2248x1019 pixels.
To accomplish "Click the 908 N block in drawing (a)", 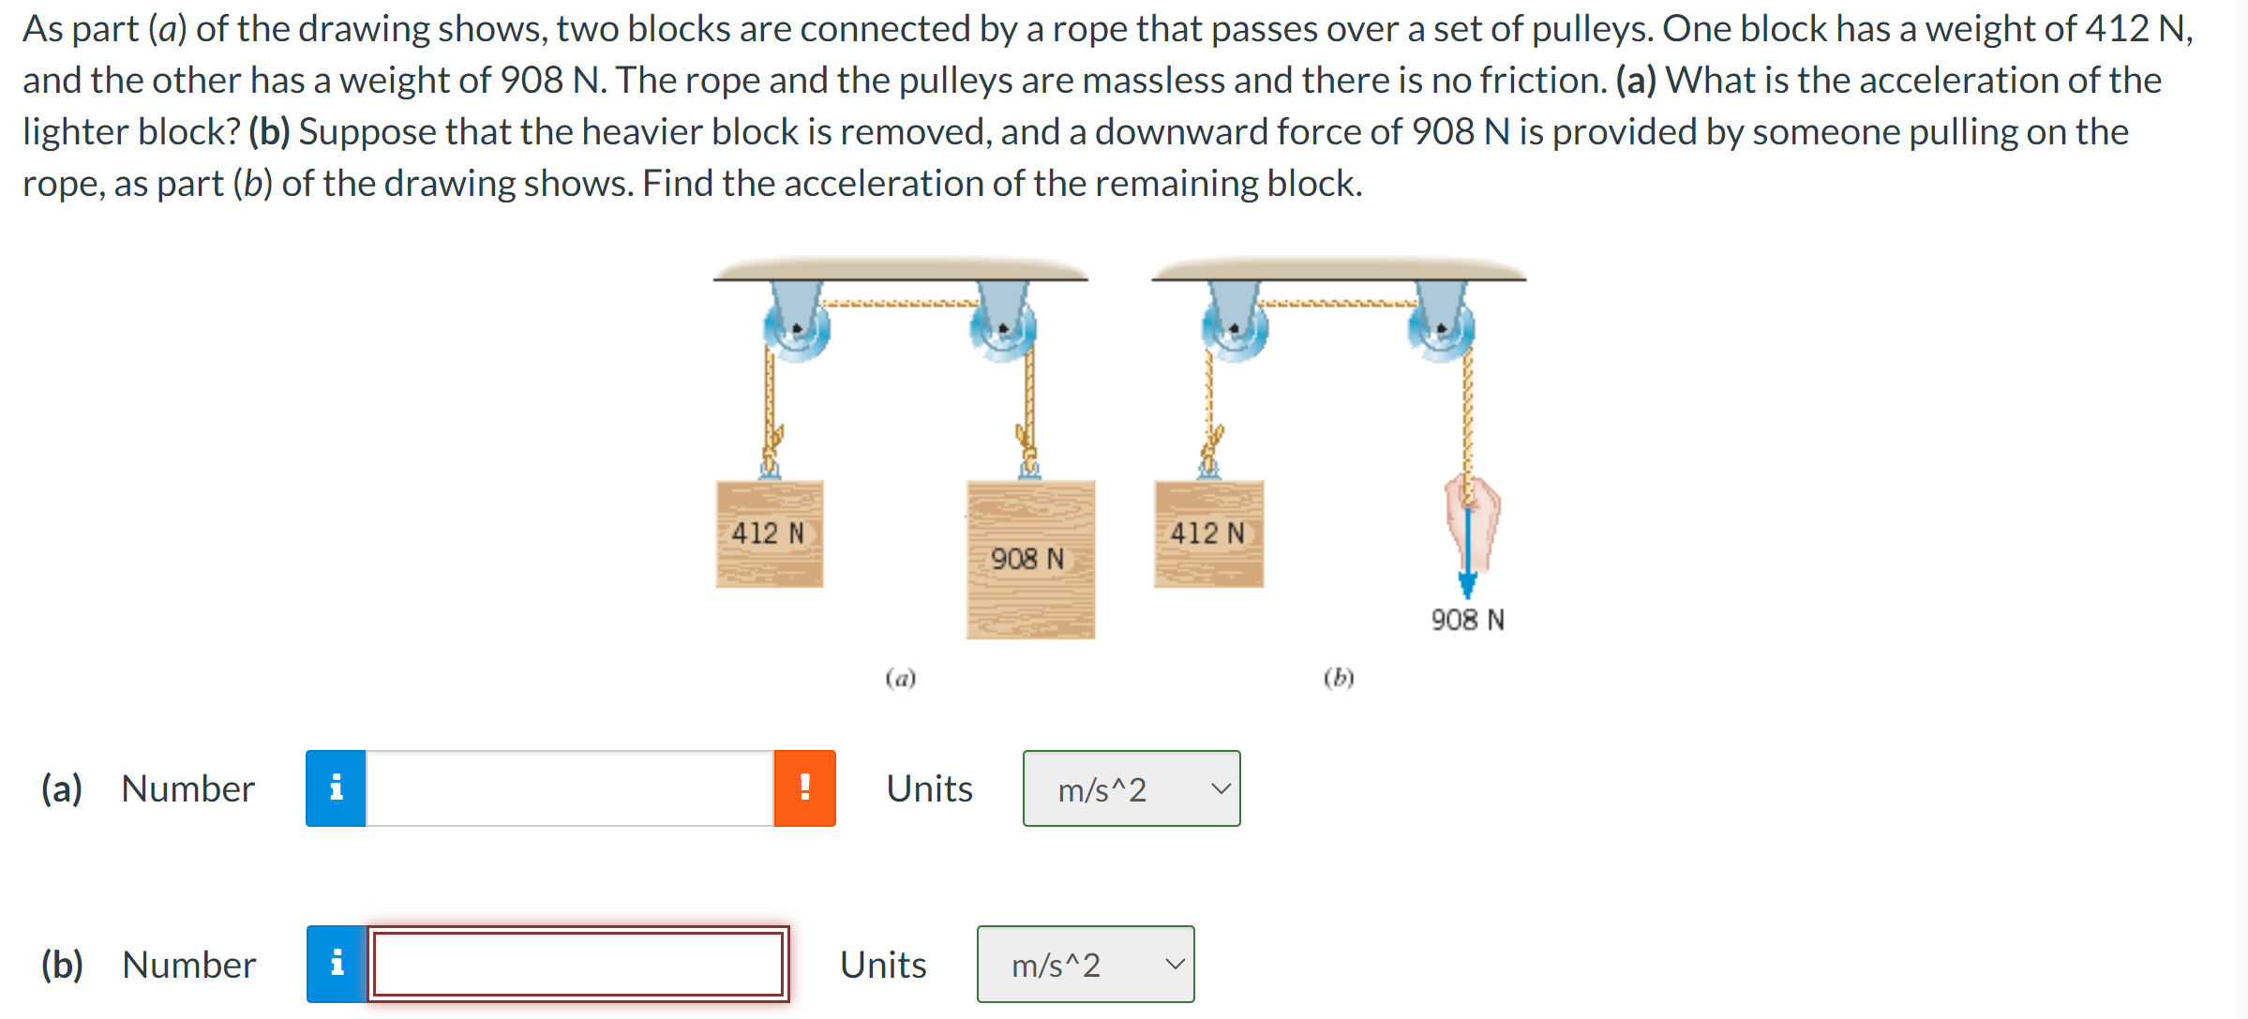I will pos(1030,560).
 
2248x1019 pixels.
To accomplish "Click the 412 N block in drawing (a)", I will pos(769,533).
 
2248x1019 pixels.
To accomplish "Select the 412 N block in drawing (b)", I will pos(1208,533).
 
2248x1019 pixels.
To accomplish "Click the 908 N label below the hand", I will pos(1467,620).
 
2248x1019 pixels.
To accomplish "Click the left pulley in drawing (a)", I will pos(797,329).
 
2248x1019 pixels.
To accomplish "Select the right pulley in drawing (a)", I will pos(1003,329).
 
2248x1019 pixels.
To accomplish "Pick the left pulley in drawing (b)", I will pos(1235,329).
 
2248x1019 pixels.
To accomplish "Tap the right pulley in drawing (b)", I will pos(1442,329).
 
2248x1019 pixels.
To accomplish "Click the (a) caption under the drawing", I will pos(900,677).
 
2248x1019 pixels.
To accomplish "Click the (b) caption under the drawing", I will pos(1339,677).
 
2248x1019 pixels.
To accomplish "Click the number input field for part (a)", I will pos(569,788).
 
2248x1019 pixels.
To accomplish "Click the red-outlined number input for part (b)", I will pos(577,964).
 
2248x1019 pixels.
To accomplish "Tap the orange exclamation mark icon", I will pos(804,788).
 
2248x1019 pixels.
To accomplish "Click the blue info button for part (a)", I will pos(336,788).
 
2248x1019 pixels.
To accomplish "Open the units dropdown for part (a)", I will pos(1131,788).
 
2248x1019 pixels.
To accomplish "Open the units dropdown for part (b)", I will pos(1086,964).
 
